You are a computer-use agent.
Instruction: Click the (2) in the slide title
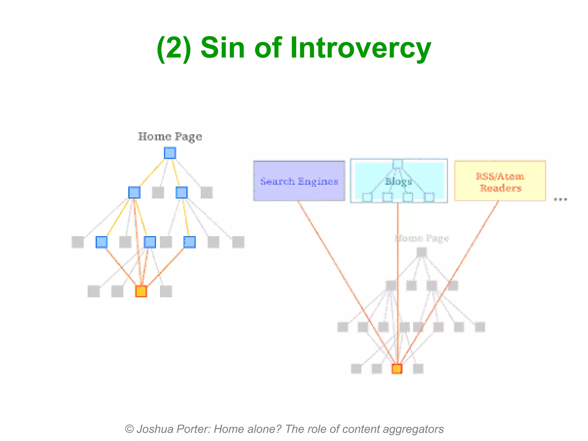(174, 48)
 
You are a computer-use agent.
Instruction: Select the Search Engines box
(299, 181)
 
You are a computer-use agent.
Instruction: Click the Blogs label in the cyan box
(398, 181)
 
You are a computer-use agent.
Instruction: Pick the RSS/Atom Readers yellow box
(500, 181)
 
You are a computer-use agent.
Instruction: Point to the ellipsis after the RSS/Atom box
(560, 199)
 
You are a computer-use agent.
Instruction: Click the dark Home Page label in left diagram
(170, 137)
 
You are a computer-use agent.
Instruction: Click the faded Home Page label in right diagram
(421, 238)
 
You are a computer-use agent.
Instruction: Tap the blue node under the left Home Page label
(170, 153)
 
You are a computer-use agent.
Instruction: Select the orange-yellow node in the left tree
(141, 291)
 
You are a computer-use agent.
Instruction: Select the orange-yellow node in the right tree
(397, 369)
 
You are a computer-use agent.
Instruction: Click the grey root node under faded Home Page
(421, 252)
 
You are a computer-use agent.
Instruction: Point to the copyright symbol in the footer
(129, 429)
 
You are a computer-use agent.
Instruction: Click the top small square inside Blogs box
(397, 164)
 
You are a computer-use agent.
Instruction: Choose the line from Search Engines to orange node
(345, 278)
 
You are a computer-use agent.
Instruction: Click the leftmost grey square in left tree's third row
(78, 242)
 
